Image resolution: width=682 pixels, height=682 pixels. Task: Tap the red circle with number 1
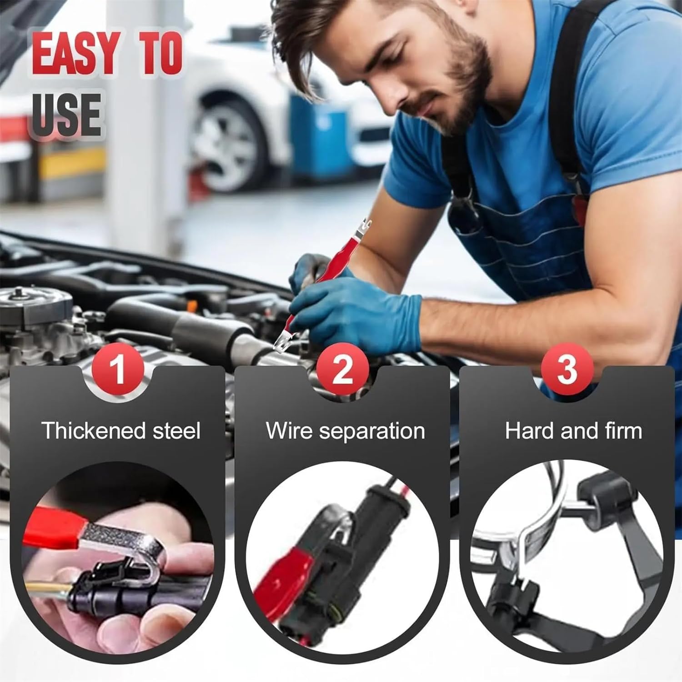tap(118, 369)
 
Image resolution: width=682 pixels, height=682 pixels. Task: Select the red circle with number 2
tap(342, 369)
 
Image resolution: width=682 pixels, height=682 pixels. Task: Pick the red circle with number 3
tap(567, 369)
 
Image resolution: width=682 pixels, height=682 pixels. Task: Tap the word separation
tap(371, 431)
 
